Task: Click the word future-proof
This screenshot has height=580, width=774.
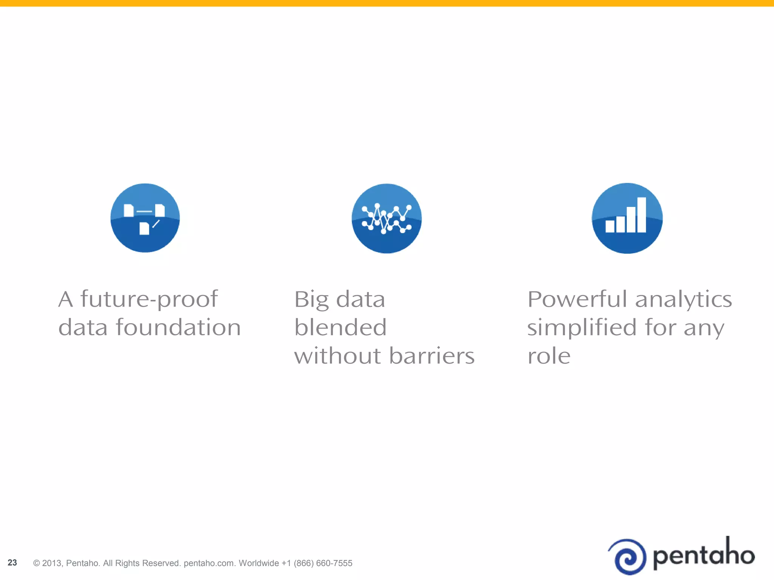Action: (149, 299)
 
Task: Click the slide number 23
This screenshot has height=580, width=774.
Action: (12, 563)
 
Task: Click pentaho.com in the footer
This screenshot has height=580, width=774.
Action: (209, 563)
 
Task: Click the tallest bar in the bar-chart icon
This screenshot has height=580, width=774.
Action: (641, 214)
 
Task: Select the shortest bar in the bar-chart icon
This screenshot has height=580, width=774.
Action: (610, 226)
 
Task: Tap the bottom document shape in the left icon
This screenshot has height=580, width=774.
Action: (144, 228)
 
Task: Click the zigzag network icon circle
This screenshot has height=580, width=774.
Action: (386, 218)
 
